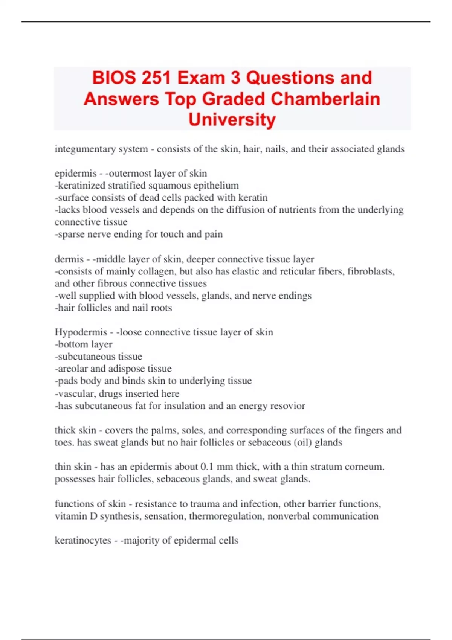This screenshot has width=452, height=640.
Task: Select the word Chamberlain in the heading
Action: pyautogui.click(x=325, y=99)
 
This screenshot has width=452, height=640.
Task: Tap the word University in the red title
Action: pyautogui.click(x=232, y=120)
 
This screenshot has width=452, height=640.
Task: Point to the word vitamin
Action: pyautogui.click(x=70, y=516)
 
